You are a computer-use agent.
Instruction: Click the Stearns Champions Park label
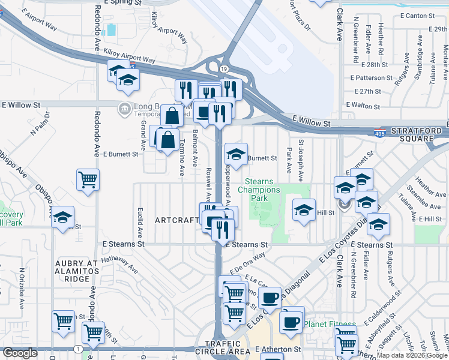click(x=263, y=190)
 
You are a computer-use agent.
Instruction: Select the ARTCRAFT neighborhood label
click(x=176, y=220)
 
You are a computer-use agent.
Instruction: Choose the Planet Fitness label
click(x=330, y=325)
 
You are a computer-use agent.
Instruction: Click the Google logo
click(x=20, y=353)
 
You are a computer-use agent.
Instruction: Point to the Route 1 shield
click(x=78, y=349)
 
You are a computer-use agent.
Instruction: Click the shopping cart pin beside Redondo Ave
click(x=88, y=179)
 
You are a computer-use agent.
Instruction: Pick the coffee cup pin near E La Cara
click(x=270, y=297)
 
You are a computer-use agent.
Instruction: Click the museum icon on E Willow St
click(x=124, y=108)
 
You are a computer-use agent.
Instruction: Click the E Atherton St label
click(x=277, y=349)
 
